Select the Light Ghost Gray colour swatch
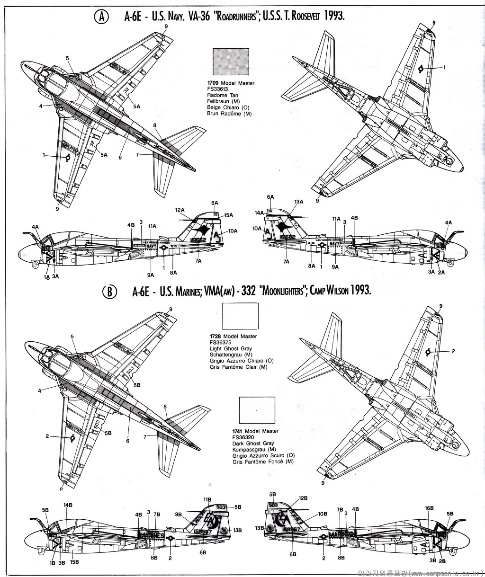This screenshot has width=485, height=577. pyautogui.click(x=240, y=316)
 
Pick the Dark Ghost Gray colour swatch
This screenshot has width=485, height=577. pyautogui.click(x=257, y=410)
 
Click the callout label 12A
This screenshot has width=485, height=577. pyautogui.click(x=180, y=210)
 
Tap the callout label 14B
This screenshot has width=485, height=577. pyautogui.click(x=68, y=505)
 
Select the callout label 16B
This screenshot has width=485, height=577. pyautogui.click(x=429, y=508)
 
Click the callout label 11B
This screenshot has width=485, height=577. pyautogui.click(x=207, y=499)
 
